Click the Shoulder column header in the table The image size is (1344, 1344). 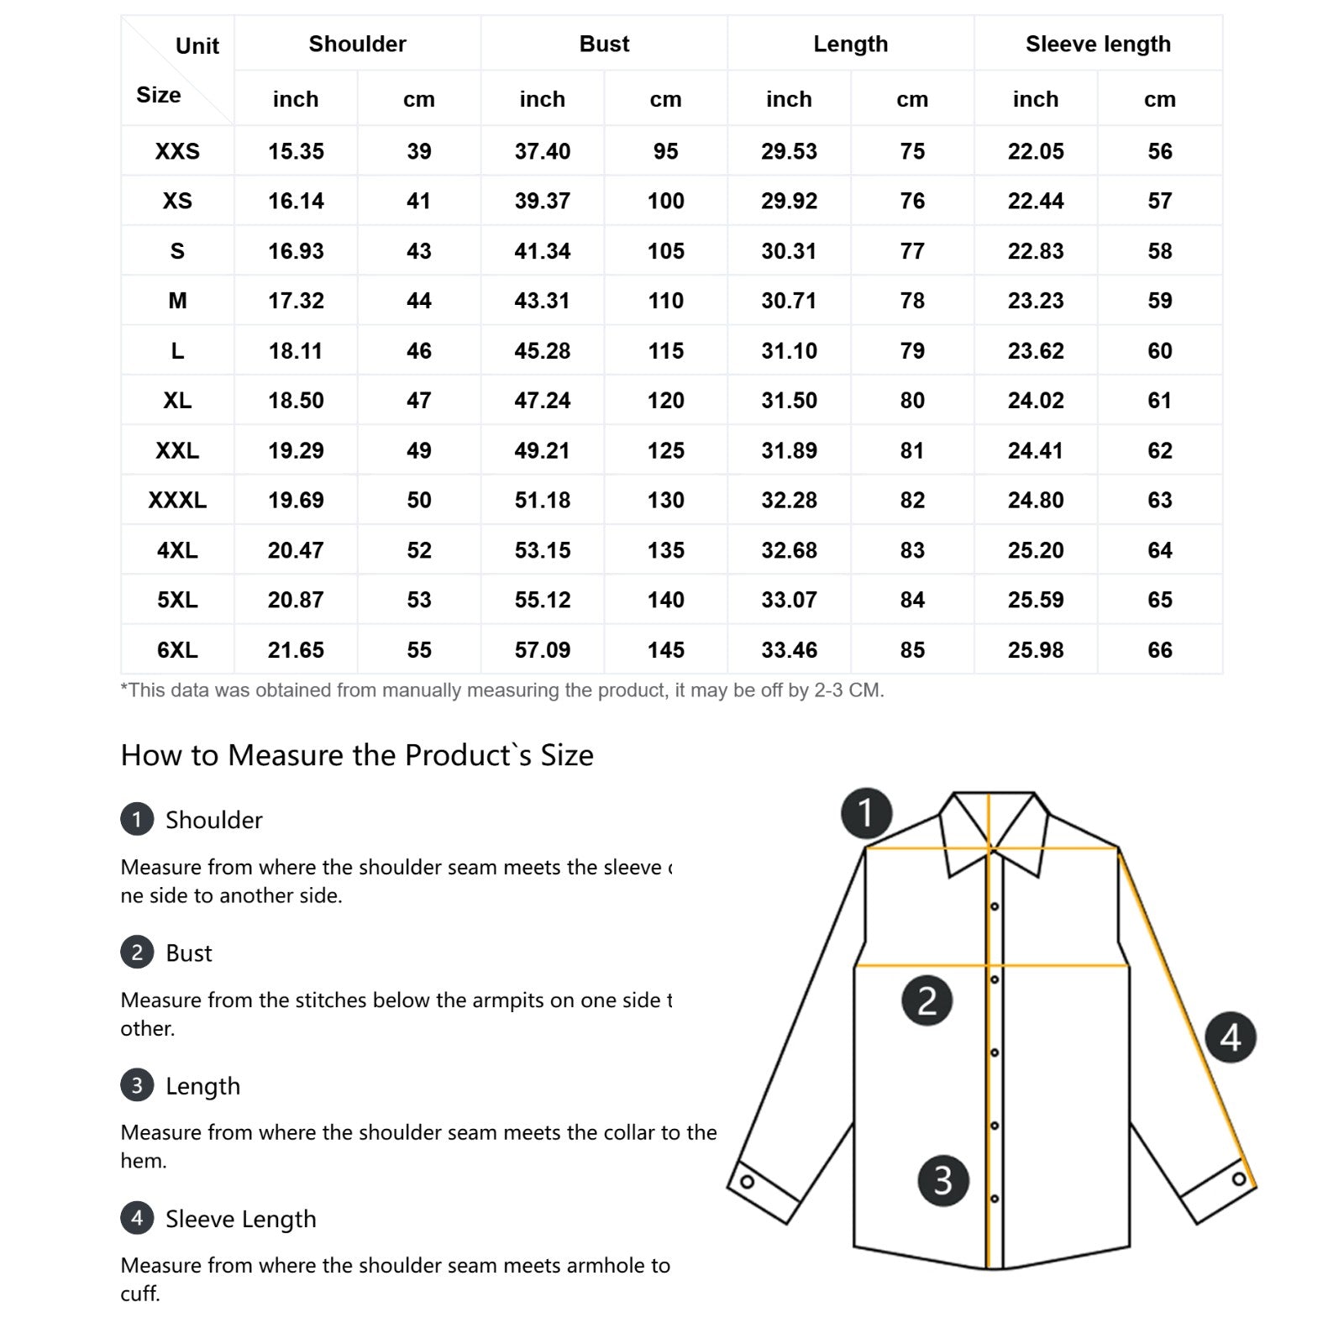coord(357,44)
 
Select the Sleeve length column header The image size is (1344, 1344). coord(1098,44)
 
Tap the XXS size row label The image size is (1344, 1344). coord(177,151)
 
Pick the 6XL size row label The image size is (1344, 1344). coord(177,649)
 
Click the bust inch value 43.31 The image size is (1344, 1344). coord(542,301)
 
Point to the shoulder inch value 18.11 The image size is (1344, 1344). coord(296,350)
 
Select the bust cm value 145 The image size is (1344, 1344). coord(665,649)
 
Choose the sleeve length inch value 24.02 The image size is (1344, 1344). coord(1036,401)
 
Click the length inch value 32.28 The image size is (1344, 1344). coord(789,500)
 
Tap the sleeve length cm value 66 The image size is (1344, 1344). coord(1159,649)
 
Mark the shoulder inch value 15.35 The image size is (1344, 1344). coord(296,151)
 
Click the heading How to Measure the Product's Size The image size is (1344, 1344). coord(357,755)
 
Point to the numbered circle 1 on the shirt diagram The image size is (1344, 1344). coord(866,813)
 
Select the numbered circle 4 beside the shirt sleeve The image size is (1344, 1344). coord(1231,1037)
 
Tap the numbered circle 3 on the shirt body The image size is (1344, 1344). coord(943,1180)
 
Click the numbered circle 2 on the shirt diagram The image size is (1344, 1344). coord(927,1000)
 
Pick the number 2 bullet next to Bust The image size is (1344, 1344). coord(137,953)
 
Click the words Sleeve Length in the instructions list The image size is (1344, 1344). coord(241,1219)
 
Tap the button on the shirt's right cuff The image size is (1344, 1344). coord(1239,1179)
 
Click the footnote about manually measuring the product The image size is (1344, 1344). coord(502,690)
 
